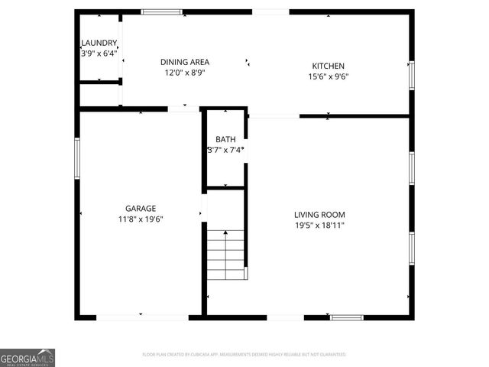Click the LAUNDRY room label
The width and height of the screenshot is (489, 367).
tap(99, 43)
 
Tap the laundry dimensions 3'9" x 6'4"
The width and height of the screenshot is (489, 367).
tap(99, 54)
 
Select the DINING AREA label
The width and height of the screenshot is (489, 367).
tap(185, 62)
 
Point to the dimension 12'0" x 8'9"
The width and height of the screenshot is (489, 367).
tap(185, 73)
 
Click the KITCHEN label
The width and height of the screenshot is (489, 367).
tap(328, 66)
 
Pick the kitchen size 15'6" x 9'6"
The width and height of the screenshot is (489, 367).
tap(328, 76)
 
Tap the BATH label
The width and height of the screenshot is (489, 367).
tap(225, 139)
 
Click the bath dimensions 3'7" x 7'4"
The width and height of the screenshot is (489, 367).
tap(225, 150)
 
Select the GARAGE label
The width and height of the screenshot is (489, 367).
tap(141, 208)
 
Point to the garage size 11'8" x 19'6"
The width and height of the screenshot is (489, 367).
tap(141, 219)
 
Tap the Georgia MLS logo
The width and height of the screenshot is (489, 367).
tap(28, 358)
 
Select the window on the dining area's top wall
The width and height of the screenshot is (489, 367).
tap(162, 12)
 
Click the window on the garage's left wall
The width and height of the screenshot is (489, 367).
tap(77, 158)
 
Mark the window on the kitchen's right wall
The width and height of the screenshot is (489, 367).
tap(411, 74)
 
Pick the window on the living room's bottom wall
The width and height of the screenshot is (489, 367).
tap(347, 317)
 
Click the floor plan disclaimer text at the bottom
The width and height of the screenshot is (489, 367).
tap(244, 355)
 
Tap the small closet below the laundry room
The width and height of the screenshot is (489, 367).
tap(99, 93)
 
